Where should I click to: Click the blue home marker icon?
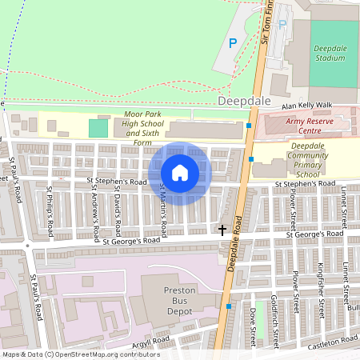point(180,172)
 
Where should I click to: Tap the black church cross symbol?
point(222,230)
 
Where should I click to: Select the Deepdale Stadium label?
point(330,54)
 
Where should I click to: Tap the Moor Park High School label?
point(143,129)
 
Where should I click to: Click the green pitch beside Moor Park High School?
point(98,127)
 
